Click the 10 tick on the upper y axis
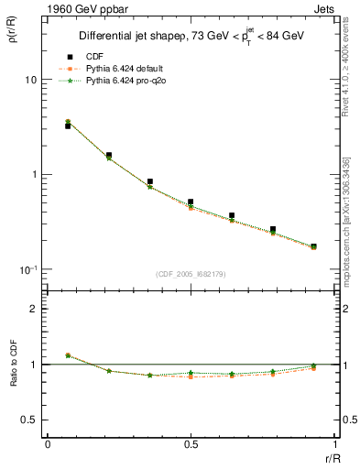coord(29,80)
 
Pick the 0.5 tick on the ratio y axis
coord(27,420)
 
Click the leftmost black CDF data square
coord(68,126)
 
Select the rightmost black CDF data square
coord(313,246)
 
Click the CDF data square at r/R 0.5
coord(191,202)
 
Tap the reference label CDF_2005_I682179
coord(191,273)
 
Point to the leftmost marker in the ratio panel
coord(68,355)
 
